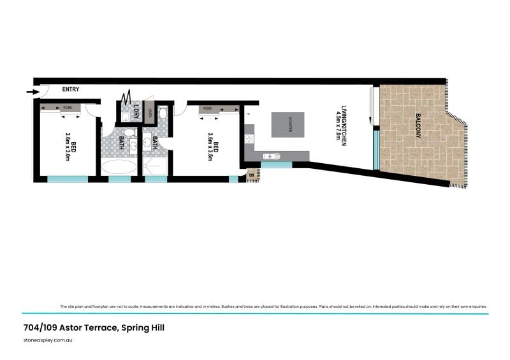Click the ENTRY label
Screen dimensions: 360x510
pyautogui.click(x=70, y=90)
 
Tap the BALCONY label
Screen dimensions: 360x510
pyautogui.click(x=418, y=126)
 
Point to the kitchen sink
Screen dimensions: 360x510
pyautogui.click(x=271, y=155)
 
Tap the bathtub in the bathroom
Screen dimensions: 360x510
pyautogui.click(x=119, y=168)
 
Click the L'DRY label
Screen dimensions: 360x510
pyautogui.click(x=135, y=112)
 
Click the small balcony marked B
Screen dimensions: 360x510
pyautogui.click(x=251, y=175)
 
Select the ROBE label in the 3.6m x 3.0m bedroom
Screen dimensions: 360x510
pyautogui.click(x=67, y=108)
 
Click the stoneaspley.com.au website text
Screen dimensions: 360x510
pyautogui.click(x=47, y=342)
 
